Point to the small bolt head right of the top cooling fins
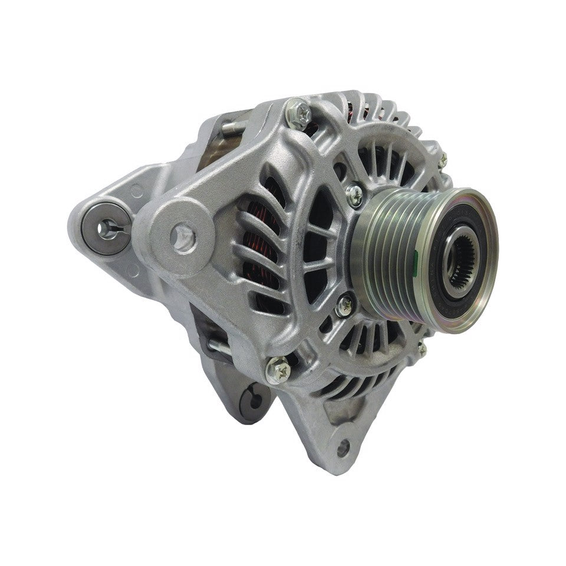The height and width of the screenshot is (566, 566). pyautogui.click(x=442, y=158)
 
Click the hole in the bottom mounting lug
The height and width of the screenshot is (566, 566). pyautogui.click(x=341, y=446)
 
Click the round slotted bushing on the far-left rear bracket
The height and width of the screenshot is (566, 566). pyautogui.click(x=107, y=227)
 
